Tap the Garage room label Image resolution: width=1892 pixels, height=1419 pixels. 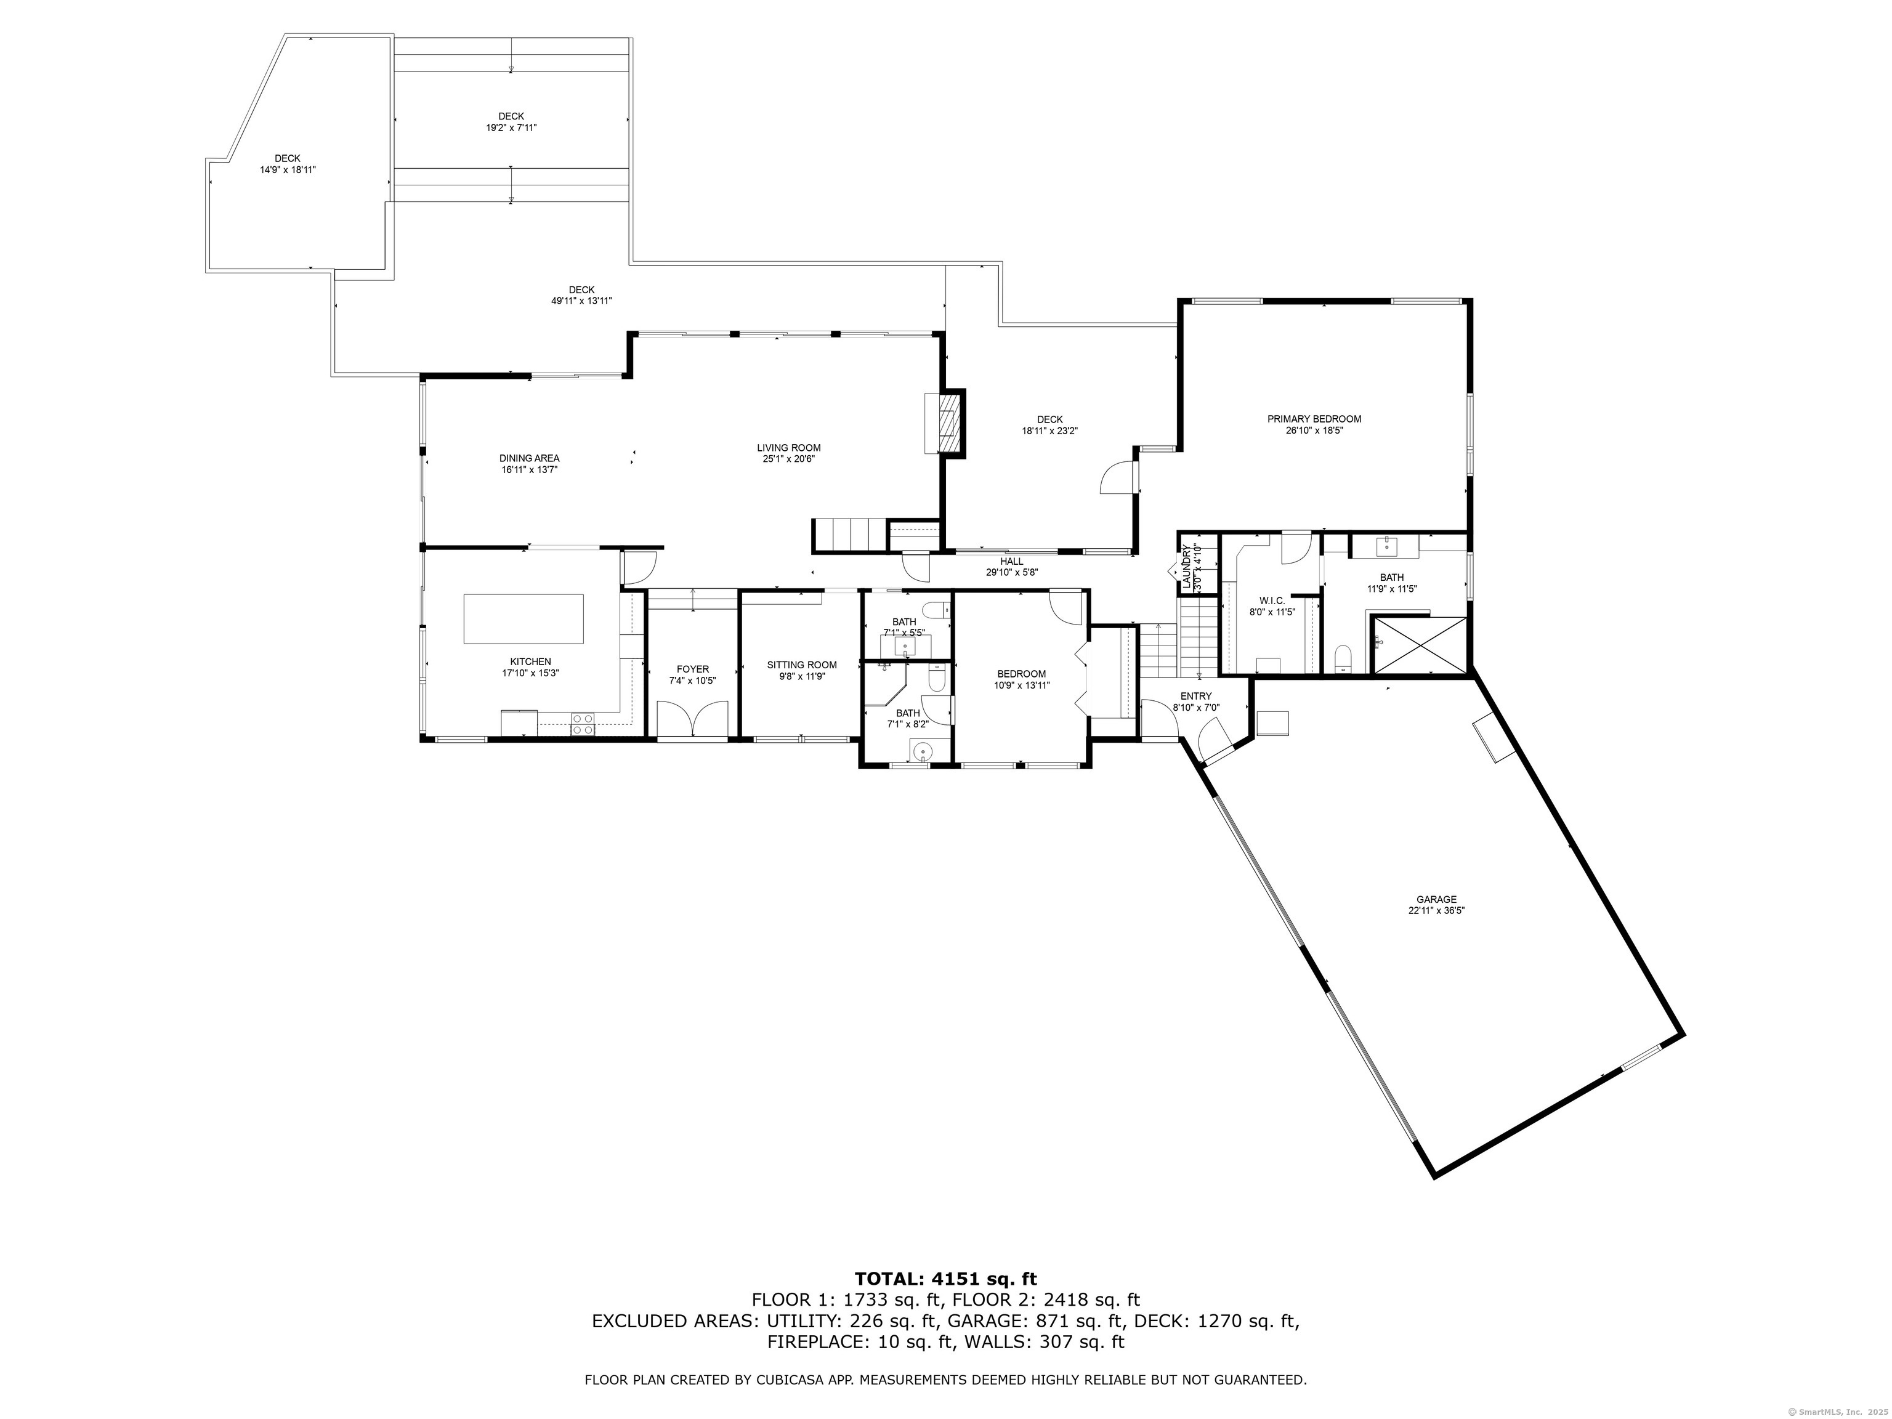click(1436, 899)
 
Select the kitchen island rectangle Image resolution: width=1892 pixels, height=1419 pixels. click(524, 618)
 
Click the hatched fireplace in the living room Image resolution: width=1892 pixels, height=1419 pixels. click(947, 422)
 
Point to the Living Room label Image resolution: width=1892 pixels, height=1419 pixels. click(788, 447)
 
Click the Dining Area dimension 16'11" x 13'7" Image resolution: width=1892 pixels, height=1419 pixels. click(530, 469)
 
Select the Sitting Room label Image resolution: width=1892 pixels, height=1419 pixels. click(801, 665)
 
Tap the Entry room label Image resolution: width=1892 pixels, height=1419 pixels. click(1196, 695)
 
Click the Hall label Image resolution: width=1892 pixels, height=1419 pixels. click(1012, 561)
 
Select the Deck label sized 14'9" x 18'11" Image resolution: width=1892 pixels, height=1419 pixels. click(288, 158)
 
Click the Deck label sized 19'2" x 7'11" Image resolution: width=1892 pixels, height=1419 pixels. click(511, 116)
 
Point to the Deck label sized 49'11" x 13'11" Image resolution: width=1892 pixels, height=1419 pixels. click(581, 290)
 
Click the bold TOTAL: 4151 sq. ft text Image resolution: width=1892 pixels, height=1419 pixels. click(946, 1303)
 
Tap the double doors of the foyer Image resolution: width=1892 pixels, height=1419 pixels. click(693, 719)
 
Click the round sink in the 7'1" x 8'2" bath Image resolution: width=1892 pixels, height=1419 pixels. click(921, 753)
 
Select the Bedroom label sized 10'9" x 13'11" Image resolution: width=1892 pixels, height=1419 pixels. click(1021, 674)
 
